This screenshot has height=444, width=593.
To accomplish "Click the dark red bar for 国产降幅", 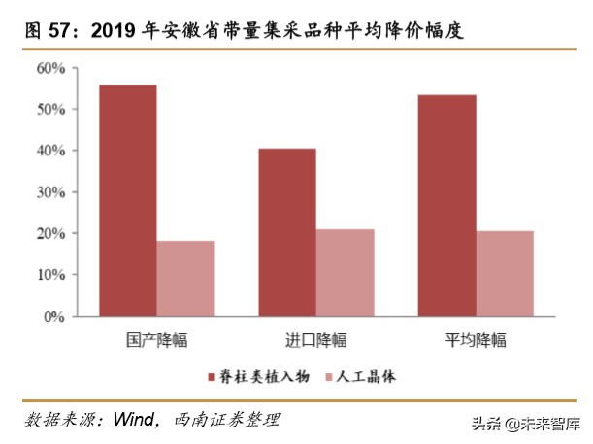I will click(x=127, y=200).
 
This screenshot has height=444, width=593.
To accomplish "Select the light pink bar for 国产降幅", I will click(x=185, y=278).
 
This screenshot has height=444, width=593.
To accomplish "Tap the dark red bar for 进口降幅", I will click(x=286, y=232).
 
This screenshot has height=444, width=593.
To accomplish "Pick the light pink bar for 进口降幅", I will click(x=345, y=272).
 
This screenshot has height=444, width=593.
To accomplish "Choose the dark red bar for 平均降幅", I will click(x=446, y=205).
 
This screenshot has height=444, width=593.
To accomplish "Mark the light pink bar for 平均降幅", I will click(x=505, y=273).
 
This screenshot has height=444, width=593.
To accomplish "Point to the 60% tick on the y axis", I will click(x=50, y=68).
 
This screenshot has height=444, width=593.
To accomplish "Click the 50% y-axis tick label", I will click(x=50, y=110).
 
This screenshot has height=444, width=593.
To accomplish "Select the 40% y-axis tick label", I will click(x=50, y=151).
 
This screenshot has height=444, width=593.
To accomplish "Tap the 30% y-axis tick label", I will click(x=50, y=192).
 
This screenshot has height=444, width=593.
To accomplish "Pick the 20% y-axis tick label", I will click(x=50, y=233).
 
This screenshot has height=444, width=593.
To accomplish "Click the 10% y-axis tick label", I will click(x=50, y=275).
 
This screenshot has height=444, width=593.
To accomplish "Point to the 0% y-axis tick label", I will click(x=54, y=316).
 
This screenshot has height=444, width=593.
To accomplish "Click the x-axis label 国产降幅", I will click(x=156, y=340).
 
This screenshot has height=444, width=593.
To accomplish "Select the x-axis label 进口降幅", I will click(x=315, y=340).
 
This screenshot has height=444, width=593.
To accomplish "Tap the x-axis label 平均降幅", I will click(x=476, y=340).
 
